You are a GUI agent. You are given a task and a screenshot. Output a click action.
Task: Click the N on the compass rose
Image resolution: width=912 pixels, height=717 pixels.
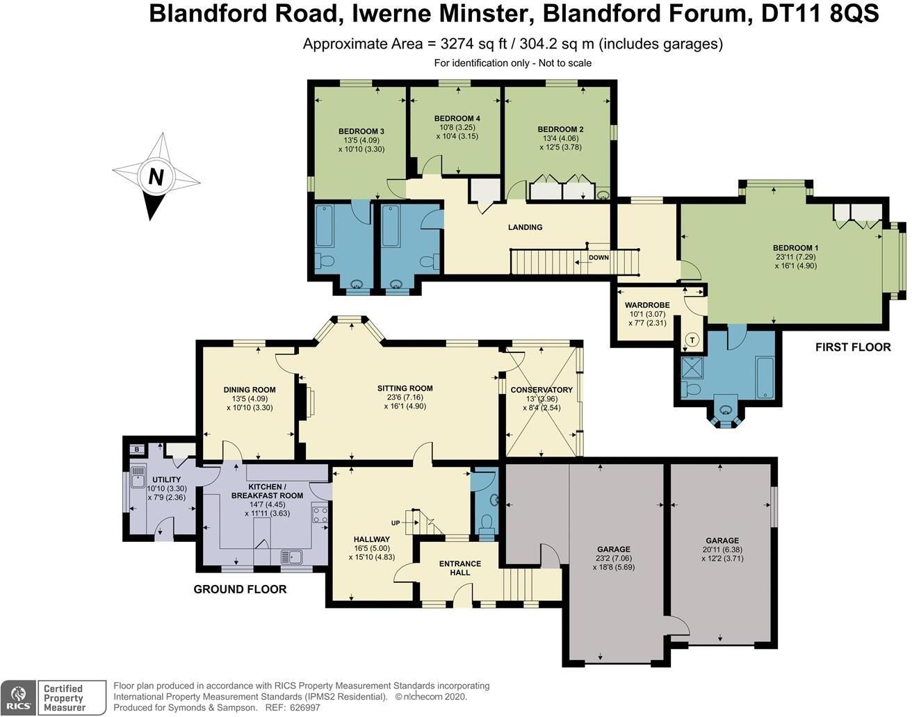coord(156,176)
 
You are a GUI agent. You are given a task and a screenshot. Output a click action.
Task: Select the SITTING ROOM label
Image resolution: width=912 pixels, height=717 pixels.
coord(405,388)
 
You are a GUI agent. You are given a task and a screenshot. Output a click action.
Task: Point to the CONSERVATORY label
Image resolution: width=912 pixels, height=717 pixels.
coord(541,390)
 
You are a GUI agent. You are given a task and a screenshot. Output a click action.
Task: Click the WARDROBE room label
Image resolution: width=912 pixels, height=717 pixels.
coord(647,305)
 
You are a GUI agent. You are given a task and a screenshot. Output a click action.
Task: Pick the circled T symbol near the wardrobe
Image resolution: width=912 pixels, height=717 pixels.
coord(692,340)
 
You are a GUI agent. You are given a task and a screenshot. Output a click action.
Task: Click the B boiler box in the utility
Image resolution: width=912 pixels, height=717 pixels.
coord(137,450)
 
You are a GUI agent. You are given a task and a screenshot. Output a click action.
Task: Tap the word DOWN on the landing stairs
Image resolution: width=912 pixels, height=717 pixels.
coord(598,258)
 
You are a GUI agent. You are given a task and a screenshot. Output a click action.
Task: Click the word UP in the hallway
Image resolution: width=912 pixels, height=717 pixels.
coord(396,523)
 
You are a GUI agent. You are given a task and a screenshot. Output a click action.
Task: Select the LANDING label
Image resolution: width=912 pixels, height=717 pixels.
coord(525,227)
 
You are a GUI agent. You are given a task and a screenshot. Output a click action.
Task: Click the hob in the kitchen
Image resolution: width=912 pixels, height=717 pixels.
coord(320,513)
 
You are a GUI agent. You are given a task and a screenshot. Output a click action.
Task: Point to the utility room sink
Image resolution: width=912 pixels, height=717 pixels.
coord(138,477)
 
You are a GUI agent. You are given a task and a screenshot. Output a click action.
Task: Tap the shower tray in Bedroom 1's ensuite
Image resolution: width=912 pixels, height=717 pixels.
coord(692,368)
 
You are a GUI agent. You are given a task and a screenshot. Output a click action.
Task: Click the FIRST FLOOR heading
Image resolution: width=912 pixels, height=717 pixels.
coord(853,347)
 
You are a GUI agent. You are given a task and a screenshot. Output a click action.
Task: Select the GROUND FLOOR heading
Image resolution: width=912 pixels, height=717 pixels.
coord(240,589)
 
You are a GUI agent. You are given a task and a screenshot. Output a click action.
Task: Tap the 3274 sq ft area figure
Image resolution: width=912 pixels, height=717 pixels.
coord(473,44)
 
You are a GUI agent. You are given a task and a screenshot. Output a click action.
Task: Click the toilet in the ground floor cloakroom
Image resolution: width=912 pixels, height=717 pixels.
coord(487,523)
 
